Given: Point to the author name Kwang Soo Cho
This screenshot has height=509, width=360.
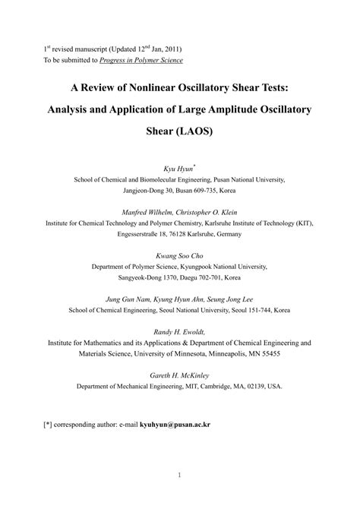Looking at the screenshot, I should (179, 256).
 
